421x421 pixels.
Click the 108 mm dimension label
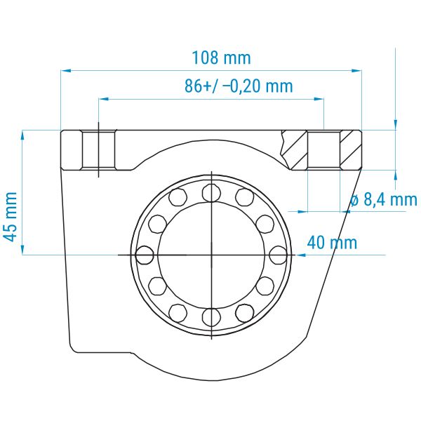222,58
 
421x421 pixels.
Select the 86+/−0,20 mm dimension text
239,86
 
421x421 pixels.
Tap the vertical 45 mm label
11,217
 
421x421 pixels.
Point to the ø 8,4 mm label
384,199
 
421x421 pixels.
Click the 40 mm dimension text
332,243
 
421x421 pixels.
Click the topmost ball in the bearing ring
212,192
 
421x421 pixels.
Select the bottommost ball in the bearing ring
212,317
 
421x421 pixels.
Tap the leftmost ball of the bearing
145,255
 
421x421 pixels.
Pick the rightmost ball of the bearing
278,255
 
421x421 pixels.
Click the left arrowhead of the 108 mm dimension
66,71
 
